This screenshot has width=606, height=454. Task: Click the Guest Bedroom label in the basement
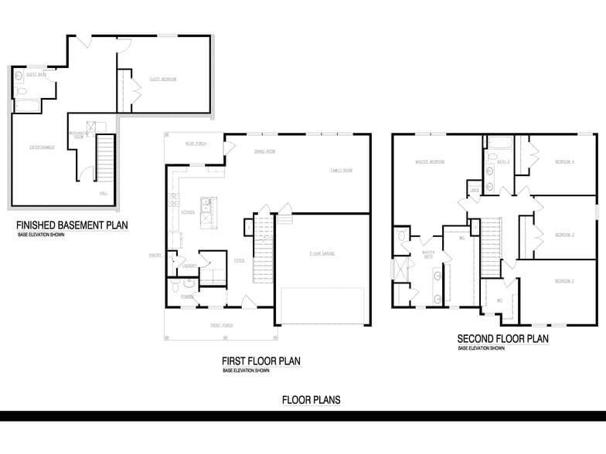(163, 80)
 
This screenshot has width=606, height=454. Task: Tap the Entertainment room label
(43, 147)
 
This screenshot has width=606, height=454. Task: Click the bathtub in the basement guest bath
(29, 107)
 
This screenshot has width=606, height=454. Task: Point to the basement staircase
(104, 158)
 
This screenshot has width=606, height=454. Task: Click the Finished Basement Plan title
(72, 225)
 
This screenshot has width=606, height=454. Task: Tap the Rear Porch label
(195, 144)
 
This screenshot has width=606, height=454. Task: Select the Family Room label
(341, 170)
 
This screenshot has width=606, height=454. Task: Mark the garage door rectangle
(322, 307)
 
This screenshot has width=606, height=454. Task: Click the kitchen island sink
(206, 205)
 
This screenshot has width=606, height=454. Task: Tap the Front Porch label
(222, 325)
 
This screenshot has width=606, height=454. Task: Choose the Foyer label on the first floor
(240, 261)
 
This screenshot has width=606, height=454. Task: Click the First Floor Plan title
(260, 361)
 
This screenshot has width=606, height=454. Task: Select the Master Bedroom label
(430, 162)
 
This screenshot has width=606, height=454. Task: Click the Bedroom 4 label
(565, 161)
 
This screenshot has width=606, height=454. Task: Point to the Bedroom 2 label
(565, 281)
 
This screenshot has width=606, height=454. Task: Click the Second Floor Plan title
(502, 339)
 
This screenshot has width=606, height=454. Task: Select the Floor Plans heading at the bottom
(311, 400)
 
